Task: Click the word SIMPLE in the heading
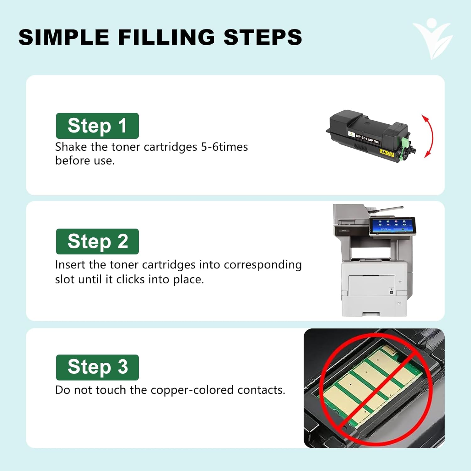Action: [64, 37]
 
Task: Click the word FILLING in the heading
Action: [166, 37]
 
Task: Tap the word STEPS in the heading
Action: [263, 37]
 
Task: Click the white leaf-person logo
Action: [432, 38]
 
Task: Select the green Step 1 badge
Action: [97, 126]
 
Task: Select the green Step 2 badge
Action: [97, 241]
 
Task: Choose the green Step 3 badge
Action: [97, 367]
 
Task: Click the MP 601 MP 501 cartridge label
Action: [367, 139]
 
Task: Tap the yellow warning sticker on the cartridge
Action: [387, 153]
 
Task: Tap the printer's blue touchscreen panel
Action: [392, 225]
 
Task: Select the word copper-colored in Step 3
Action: [192, 390]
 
